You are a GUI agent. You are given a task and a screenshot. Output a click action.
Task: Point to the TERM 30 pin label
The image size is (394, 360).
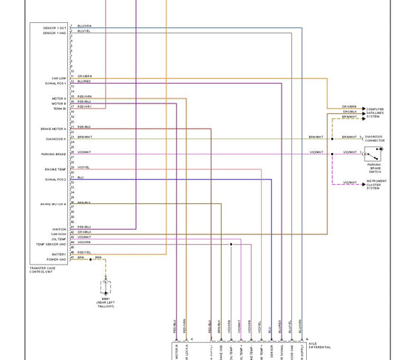click(x=60, y=108)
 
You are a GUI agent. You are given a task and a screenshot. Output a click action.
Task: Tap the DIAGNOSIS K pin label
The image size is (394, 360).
click(x=57, y=138)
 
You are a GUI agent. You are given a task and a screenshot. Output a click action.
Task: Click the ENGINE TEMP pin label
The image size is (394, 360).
click(x=56, y=169)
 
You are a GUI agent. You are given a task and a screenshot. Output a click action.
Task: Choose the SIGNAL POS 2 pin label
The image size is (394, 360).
click(x=56, y=179)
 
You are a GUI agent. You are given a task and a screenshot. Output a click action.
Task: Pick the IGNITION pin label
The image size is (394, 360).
click(x=60, y=228)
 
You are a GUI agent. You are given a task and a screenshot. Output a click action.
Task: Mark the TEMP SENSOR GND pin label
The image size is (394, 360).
click(x=52, y=244)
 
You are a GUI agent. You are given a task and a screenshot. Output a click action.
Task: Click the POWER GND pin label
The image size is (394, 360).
click(x=57, y=259)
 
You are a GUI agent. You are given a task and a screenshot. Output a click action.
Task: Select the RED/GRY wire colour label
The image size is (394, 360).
click(x=84, y=106)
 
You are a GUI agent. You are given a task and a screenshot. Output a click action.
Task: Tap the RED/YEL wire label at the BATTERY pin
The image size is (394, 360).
click(x=84, y=252)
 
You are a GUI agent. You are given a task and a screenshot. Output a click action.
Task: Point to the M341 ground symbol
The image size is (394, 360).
click(x=104, y=284)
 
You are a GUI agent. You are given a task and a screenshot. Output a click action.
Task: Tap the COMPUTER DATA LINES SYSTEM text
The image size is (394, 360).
click(x=376, y=112)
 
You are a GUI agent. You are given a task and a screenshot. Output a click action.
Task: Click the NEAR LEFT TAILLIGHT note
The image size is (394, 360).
click(x=104, y=305)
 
